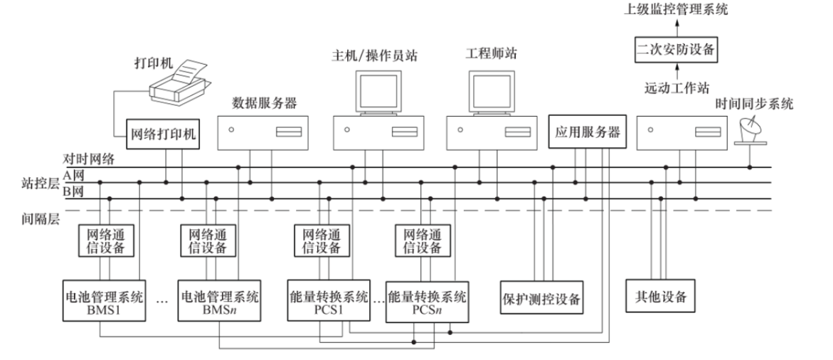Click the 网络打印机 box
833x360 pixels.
[161, 134]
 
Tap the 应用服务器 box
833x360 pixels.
[585, 132]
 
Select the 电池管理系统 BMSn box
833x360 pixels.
[218, 302]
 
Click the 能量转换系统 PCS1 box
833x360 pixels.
[328, 302]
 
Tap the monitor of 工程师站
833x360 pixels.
[491, 93]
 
